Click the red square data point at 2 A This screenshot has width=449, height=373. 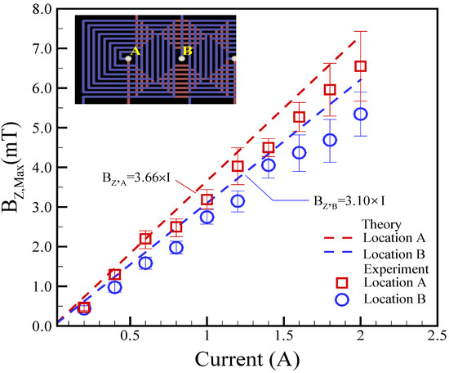(x=360, y=66)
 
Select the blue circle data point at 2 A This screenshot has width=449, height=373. (x=360, y=115)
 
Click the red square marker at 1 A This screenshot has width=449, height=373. (x=207, y=200)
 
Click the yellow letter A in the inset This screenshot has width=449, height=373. (x=136, y=52)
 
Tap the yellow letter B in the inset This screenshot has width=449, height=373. (x=186, y=52)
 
